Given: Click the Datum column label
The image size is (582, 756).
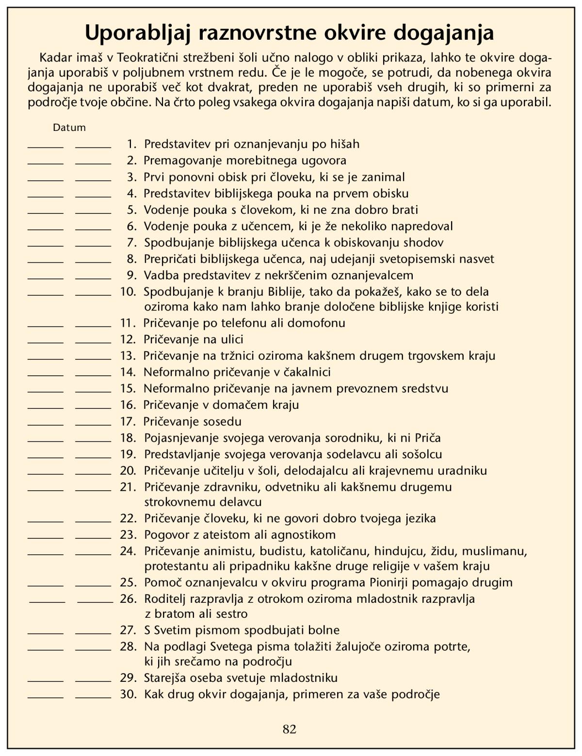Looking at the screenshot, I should click(69, 128).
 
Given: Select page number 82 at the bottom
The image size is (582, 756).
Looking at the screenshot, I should click(290, 729).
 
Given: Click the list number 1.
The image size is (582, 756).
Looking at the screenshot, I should click(131, 144).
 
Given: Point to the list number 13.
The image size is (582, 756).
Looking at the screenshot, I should click(128, 355).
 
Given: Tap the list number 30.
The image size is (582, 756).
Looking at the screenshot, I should click(128, 694).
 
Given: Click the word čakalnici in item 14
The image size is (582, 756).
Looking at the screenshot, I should click(307, 372).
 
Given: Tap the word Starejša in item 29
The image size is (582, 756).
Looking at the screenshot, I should click(167, 677).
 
